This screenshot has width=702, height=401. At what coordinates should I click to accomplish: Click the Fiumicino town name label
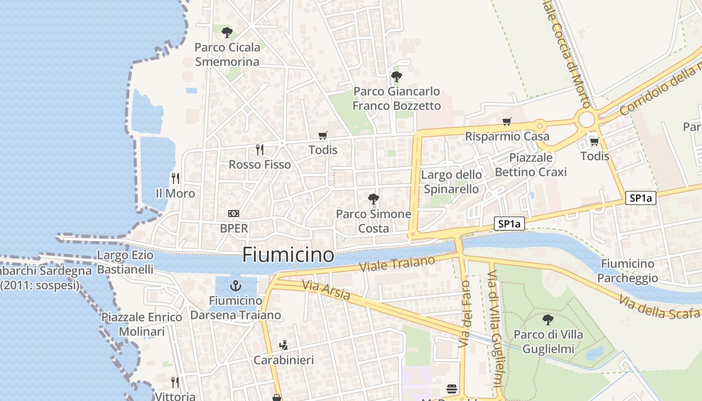coord(288,255)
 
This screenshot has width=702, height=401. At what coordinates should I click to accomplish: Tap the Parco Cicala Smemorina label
coord(227,55)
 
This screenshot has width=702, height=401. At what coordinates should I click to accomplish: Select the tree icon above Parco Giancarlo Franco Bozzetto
coord(397,77)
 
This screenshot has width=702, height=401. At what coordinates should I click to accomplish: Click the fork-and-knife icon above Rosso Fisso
coord(260,149)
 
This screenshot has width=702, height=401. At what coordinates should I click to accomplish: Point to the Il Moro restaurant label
coord(175,193)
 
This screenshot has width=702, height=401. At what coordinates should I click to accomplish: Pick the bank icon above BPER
coord(234,214)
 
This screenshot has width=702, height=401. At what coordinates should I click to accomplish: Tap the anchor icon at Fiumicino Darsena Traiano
coord(235,286)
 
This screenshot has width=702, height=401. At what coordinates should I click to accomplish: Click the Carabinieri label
coord(284,360)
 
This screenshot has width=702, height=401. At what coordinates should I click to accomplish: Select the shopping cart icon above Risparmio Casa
coord(507,121)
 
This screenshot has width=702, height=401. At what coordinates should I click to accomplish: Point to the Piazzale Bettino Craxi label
coord(531,165)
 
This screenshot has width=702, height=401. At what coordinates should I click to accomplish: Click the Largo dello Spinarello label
coord(451,182)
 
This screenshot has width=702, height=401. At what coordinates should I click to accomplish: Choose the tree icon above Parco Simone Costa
coord(373,199)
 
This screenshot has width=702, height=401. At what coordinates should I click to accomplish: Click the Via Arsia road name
coord(326,290)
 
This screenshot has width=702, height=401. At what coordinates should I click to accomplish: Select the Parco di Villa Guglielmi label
coord(548,341)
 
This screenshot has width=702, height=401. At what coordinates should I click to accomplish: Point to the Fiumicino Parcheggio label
coord(627,271)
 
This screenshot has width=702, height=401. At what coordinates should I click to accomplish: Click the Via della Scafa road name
coord(659,307)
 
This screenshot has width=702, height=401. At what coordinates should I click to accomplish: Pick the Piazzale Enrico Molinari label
coord(142,324)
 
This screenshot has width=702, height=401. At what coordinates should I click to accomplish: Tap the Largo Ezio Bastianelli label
coord(125,263)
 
